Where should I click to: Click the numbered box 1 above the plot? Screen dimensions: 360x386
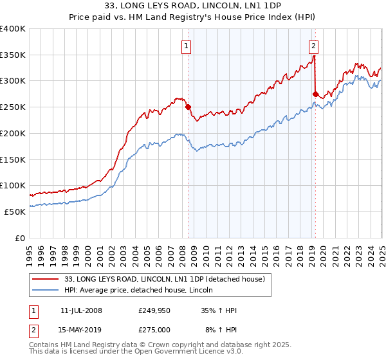(185, 46)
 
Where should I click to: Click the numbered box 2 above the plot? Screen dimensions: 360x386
(313, 46)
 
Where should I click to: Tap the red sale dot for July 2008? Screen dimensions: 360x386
(188, 107)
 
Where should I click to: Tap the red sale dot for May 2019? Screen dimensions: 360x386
(315, 94)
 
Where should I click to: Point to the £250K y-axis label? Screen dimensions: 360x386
(13, 107)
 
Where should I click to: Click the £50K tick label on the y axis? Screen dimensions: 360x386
(15, 212)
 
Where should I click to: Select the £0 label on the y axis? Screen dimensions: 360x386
(21, 238)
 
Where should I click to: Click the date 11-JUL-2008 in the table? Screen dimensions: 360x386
(81, 310)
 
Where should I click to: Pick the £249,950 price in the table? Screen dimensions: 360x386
(154, 310)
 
